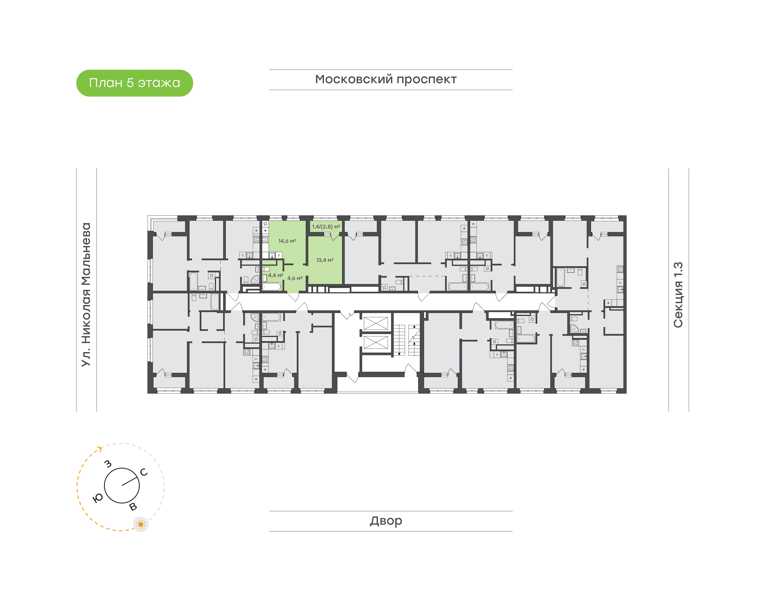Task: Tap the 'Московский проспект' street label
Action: click(386, 80)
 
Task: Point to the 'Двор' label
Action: click(386, 521)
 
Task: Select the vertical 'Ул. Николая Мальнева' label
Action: click(86, 295)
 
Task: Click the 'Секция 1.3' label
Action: click(678, 295)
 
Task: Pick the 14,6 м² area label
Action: click(287, 241)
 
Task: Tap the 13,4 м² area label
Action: click(325, 260)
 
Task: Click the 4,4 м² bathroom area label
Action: click(276, 275)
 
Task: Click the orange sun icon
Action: click(141, 524)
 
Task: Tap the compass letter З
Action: click(108, 464)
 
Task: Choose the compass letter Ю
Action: click(97, 498)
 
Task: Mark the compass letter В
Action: click(133, 507)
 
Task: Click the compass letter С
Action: click(144, 472)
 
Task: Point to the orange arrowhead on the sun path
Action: click(100, 449)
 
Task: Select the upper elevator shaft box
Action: click(376, 323)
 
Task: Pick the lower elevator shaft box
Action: click(376, 342)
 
